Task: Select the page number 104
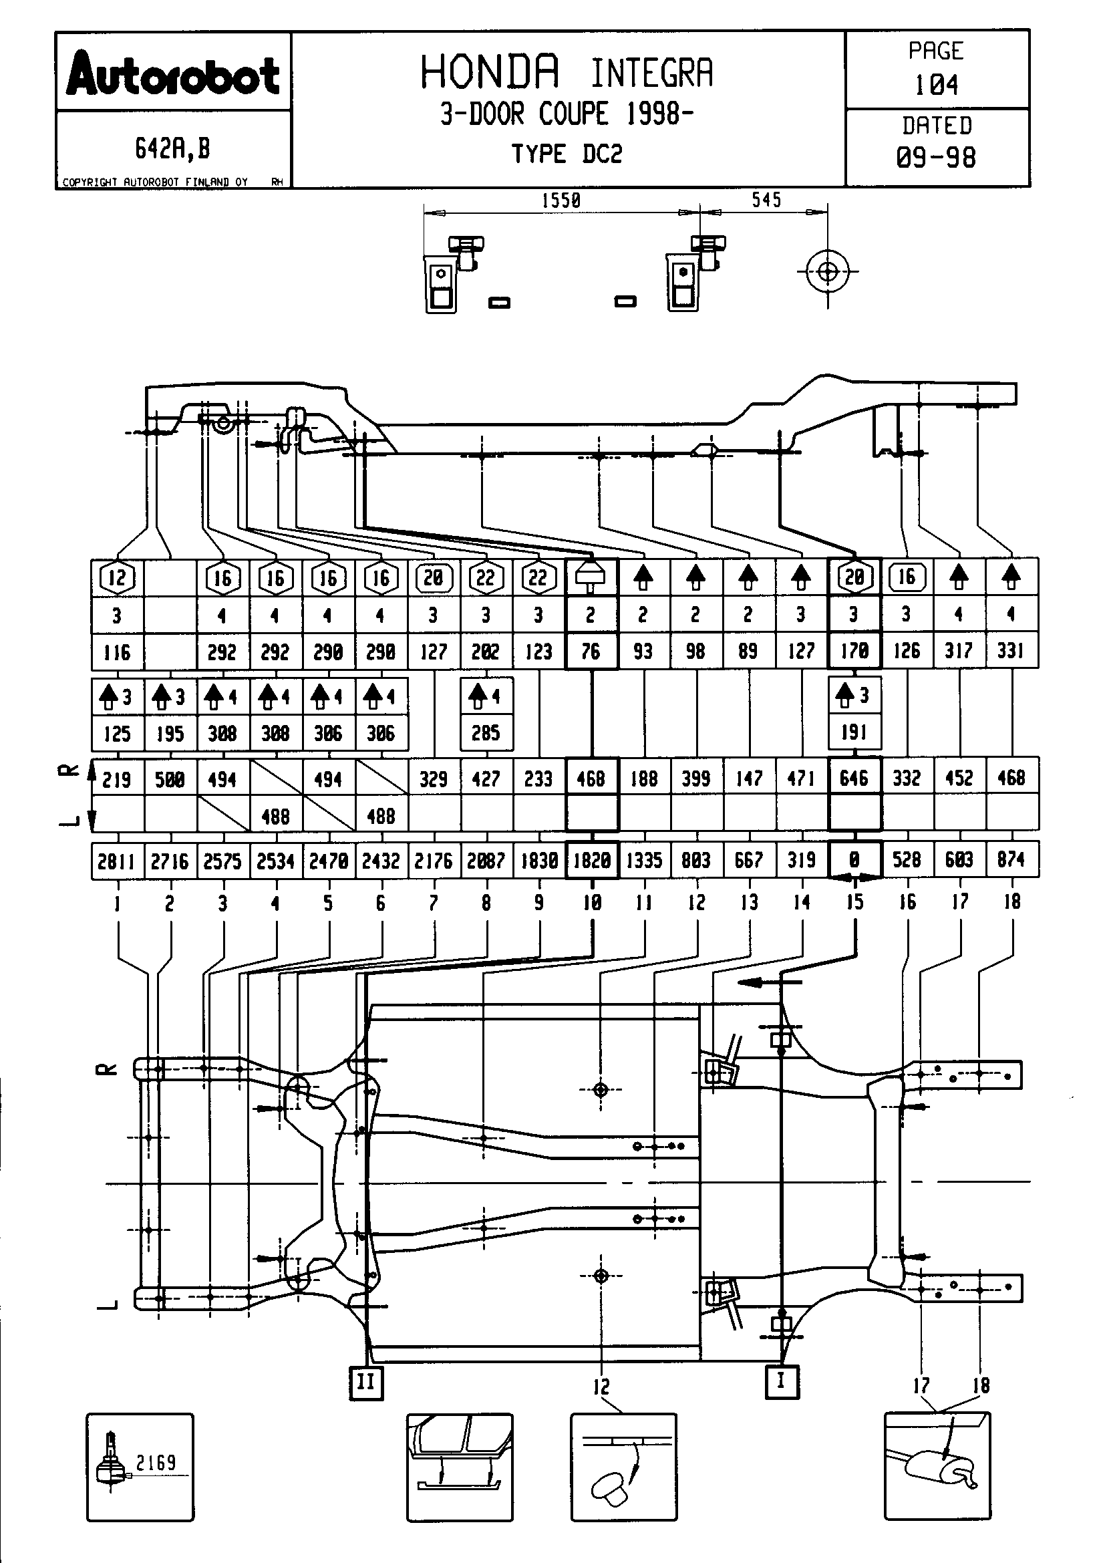936,85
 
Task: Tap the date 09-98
936,158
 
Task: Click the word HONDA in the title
490,72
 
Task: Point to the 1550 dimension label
561,200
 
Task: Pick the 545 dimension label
766,200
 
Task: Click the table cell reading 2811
116,862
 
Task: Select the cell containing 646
854,778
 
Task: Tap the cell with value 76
591,652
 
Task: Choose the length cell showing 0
854,860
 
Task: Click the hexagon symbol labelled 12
117,577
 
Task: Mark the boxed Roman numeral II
365,1383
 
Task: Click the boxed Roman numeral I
781,1381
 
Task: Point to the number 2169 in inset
156,1462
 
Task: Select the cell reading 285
486,733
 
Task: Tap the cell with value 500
170,778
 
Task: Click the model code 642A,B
172,148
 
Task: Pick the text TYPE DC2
567,154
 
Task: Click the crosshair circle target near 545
827,272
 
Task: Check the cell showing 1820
591,861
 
